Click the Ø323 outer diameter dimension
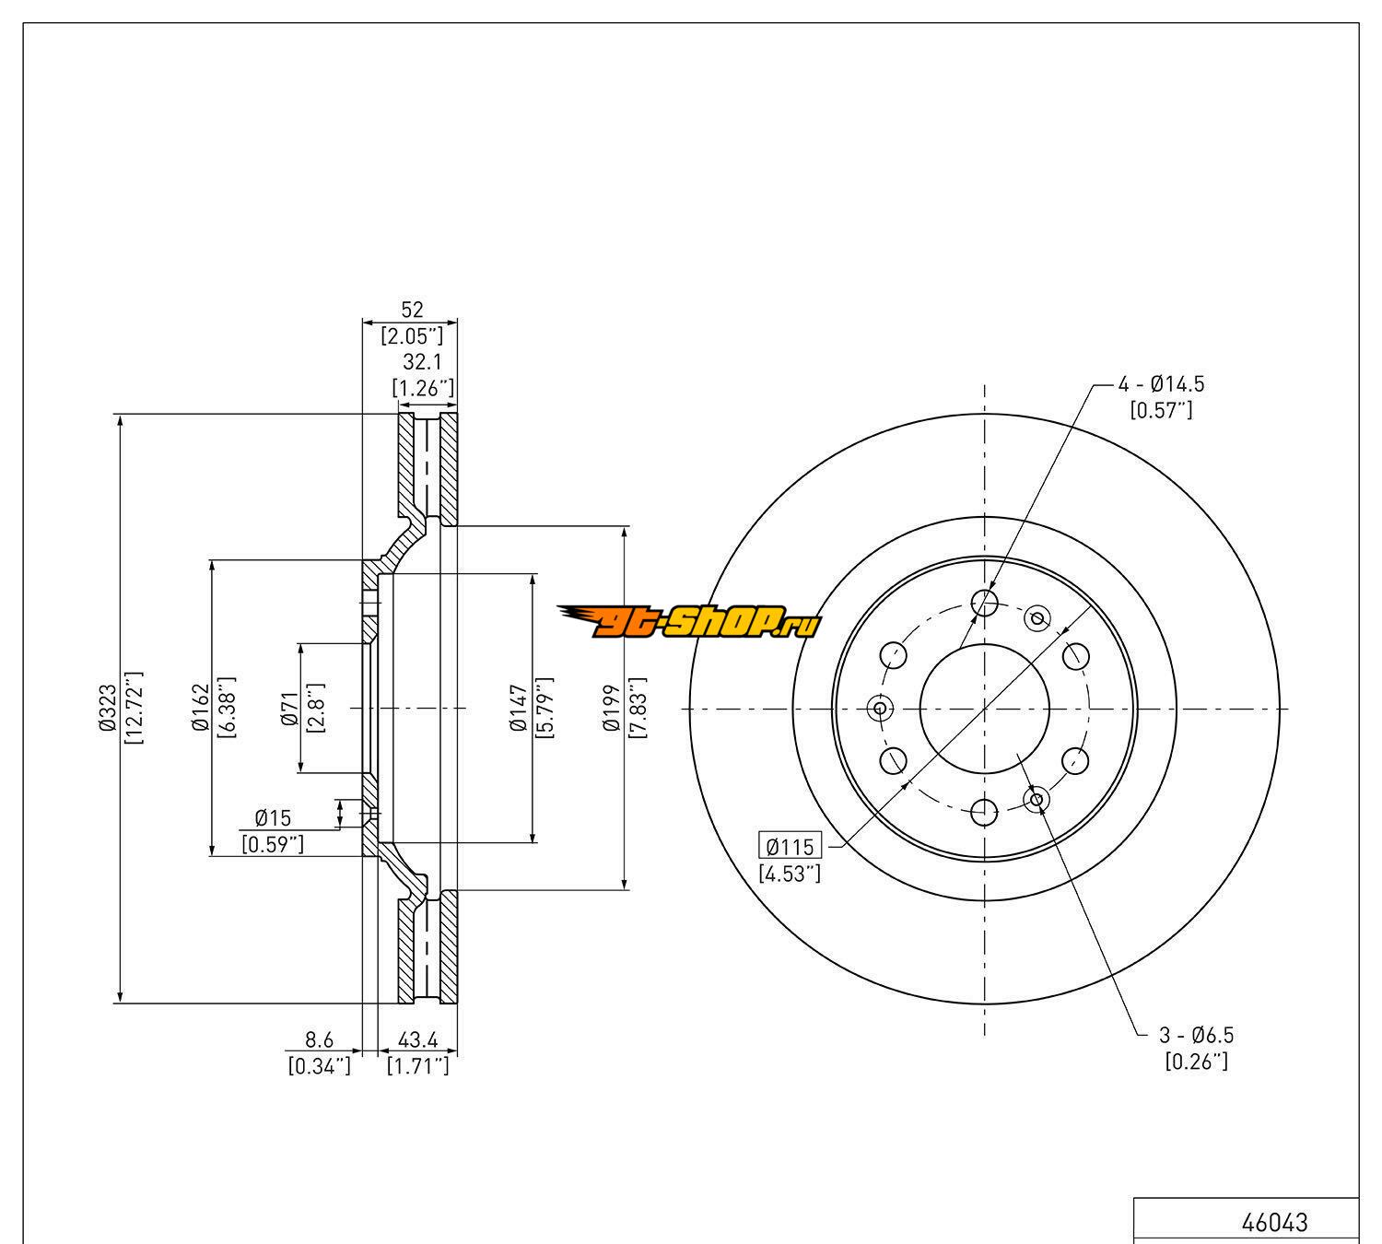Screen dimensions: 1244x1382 [x=108, y=708]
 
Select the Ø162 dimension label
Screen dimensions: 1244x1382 [x=200, y=708]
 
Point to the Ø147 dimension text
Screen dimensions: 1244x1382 [x=519, y=708]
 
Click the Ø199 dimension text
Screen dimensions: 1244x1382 [x=611, y=708]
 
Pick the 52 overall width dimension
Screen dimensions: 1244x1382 [x=411, y=311]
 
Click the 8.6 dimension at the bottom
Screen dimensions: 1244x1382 [x=319, y=1040]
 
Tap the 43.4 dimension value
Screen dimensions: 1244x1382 [x=417, y=1040]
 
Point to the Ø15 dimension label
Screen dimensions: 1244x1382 [x=273, y=817]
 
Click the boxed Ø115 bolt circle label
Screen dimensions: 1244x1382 [x=790, y=846]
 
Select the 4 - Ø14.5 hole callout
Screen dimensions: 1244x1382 [x=1161, y=384]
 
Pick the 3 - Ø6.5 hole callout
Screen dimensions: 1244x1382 [x=1196, y=1035]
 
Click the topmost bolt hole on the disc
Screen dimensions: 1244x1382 [x=985, y=604]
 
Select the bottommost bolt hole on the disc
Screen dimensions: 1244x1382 [x=985, y=813]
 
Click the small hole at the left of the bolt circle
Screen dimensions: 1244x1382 [x=880, y=708]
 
